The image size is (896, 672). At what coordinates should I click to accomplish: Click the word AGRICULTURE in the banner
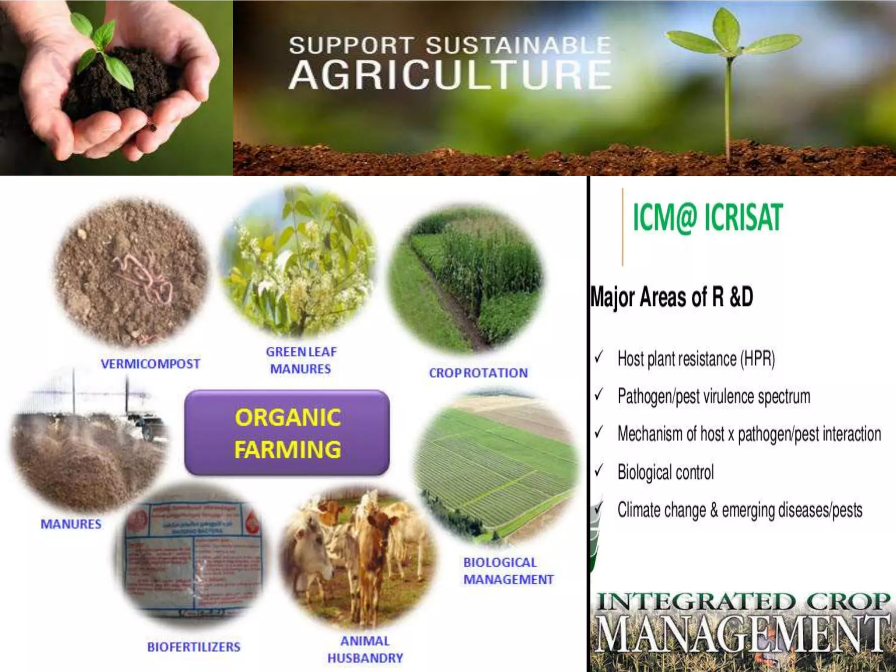pyautogui.click(x=450, y=75)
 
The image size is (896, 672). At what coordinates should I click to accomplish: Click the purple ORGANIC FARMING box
pyautogui.click(x=287, y=433)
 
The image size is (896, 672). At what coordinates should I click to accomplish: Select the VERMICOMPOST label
pyautogui.click(x=150, y=364)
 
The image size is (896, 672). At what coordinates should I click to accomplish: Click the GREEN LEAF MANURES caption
pyautogui.click(x=301, y=360)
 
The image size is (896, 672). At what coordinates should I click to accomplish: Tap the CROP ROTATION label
pyautogui.click(x=478, y=373)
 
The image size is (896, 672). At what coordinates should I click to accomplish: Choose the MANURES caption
pyautogui.click(x=71, y=524)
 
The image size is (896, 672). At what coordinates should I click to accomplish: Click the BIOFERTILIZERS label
pyautogui.click(x=193, y=647)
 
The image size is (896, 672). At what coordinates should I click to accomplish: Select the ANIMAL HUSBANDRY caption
pyautogui.click(x=365, y=649)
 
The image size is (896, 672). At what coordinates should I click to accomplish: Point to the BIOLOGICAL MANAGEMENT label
pyautogui.click(x=508, y=571)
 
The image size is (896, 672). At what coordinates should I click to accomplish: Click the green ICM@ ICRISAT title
pyautogui.click(x=707, y=217)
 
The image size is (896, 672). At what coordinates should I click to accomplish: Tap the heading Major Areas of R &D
pyautogui.click(x=672, y=297)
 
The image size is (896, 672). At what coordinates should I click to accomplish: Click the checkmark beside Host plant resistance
pyautogui.click(x=599, y=357)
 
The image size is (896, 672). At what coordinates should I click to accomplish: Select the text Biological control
pyautogui.click(x=665, y=472)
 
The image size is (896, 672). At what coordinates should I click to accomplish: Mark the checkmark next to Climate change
pyautogui.click(x=599, y=509)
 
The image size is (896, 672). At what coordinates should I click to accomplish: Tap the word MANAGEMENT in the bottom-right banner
pyautogui.click(x=742, y=633)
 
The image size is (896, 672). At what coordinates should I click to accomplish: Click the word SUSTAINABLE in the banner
pyautogui.click(x=518, y=45)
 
